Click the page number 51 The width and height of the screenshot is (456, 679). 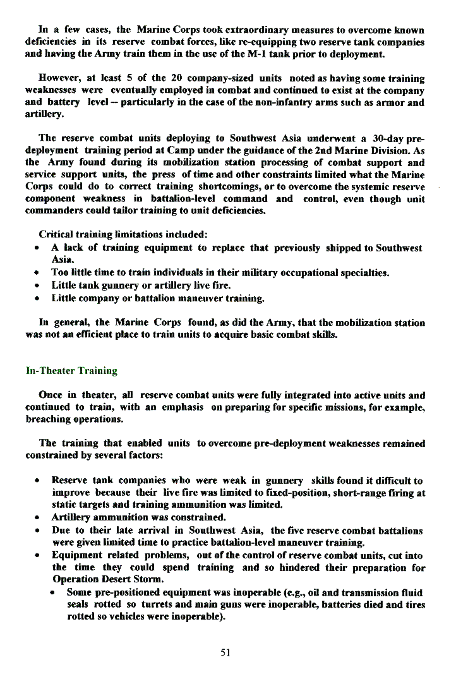(x=225, y=652)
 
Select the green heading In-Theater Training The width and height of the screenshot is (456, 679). (x=71, y=370)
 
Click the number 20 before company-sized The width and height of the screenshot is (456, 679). (x=177, y=78)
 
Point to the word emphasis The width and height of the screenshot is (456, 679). (x=181, y=407)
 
